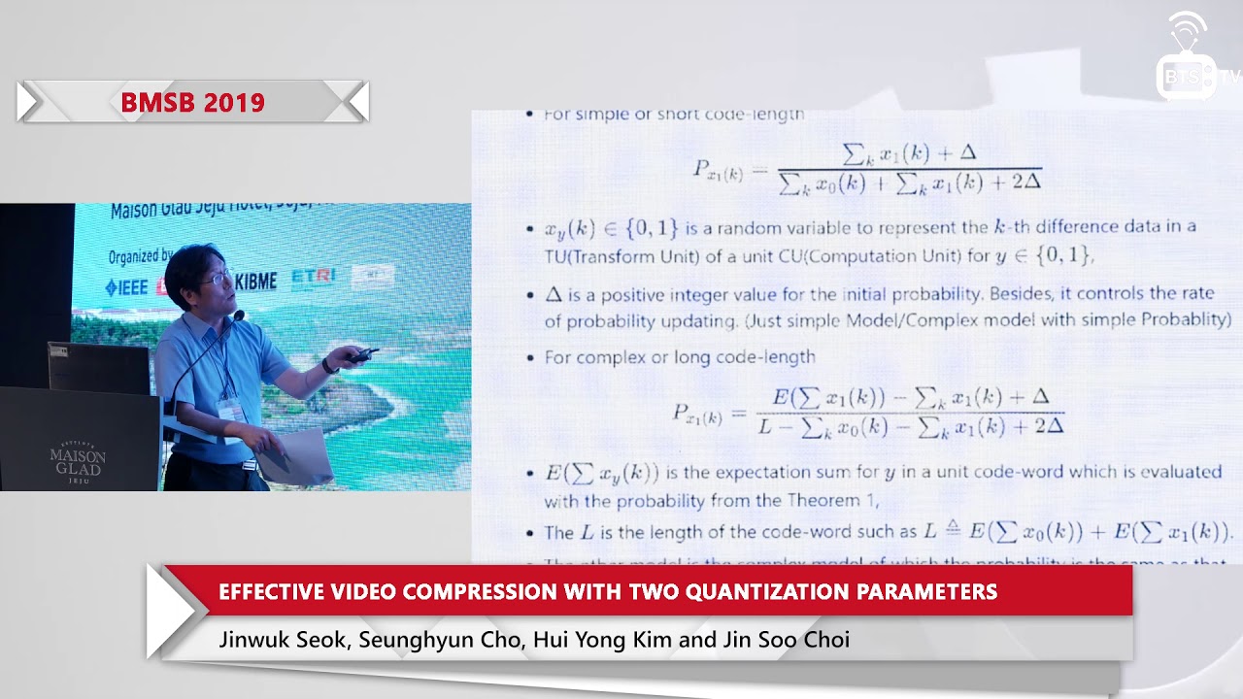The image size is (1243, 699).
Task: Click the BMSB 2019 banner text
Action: coord(192,102)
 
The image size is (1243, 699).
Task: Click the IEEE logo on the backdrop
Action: coord(126,287)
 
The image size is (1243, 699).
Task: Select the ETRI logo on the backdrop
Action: coord(313,277)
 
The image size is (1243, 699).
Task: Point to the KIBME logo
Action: coord(255,281)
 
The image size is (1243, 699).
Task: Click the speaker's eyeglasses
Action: coord(216,279)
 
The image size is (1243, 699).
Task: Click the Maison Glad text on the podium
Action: coord(78,461)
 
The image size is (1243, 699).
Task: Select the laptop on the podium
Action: coord(99,367)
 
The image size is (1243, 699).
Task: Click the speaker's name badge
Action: coord(230,410)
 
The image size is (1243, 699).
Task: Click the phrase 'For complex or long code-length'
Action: coord(680,357)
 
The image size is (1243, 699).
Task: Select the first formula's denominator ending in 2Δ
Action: coord(910,183)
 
